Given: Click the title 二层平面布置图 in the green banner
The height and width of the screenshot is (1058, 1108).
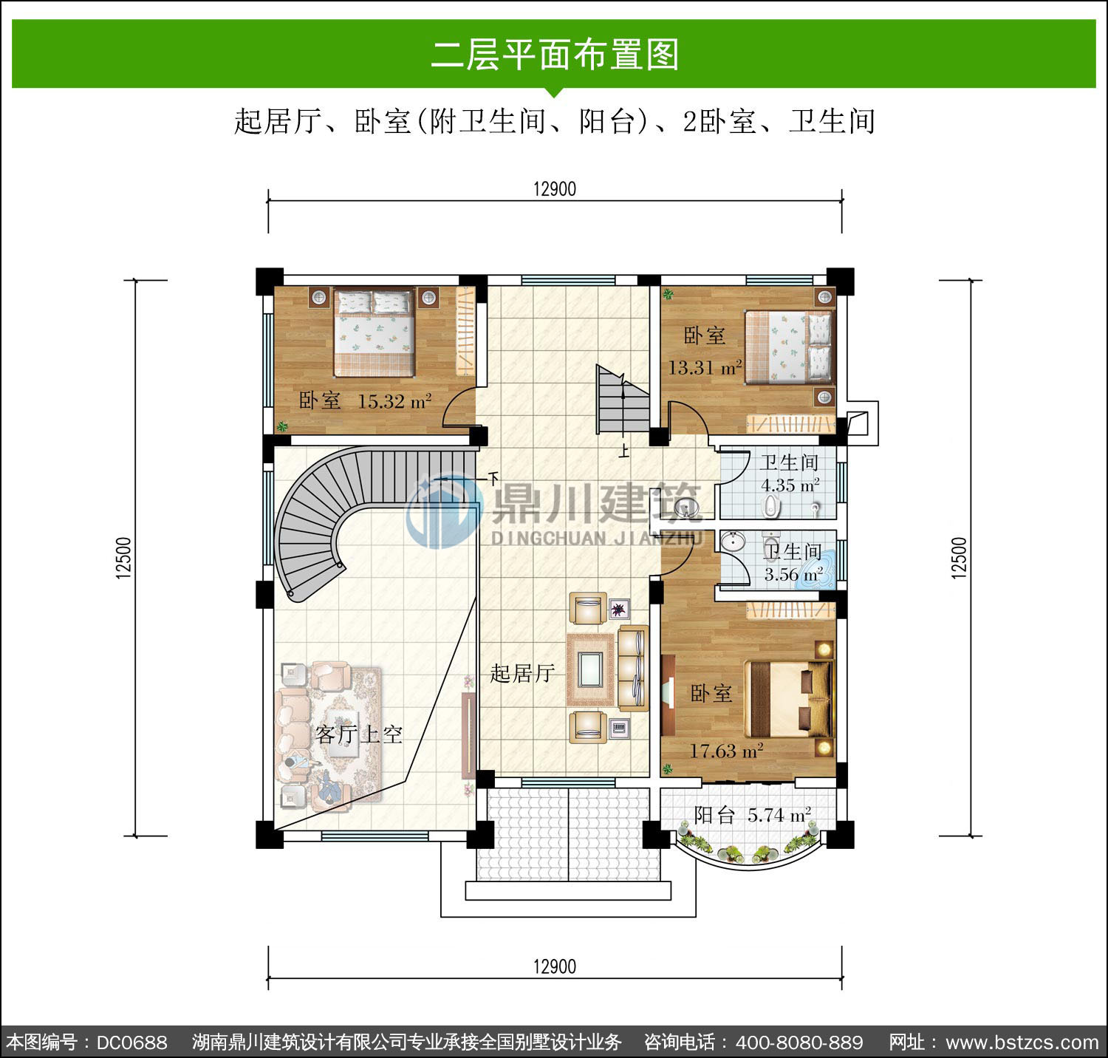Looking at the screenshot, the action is pyautogui.click(x=555, y=55).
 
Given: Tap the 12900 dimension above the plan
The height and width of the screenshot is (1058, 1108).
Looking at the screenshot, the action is pyautogui.click(x=555, y=189).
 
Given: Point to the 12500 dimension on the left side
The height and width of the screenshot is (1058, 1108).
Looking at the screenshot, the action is pyautogui.click(x=123, y=557).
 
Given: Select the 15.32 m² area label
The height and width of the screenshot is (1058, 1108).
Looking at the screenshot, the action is pyautogui.click(x=394, y=401).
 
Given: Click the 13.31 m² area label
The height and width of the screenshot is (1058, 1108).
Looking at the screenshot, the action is pyautogui.click(x=705, y=367).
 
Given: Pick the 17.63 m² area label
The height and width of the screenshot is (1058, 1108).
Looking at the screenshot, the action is pyautogui.click(x=726, y=751).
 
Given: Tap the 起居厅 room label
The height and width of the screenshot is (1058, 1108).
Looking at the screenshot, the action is pyautogui.click(x=522, y=673).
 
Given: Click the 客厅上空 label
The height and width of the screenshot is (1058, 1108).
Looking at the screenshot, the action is pyautogui.click(x=359, y=734).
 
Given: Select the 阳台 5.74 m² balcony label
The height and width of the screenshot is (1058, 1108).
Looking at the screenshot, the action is pyautogui.click(x=753, y=815).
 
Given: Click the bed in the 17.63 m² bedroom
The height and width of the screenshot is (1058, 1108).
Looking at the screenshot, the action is pyautogui.click(x=790, y=699).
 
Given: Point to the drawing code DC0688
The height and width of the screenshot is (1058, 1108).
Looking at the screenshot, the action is pyautogui.click(x=132, y=1042).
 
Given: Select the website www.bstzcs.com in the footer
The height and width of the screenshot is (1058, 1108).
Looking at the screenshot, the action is pyautogui.click(x=1022, y=1042).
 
